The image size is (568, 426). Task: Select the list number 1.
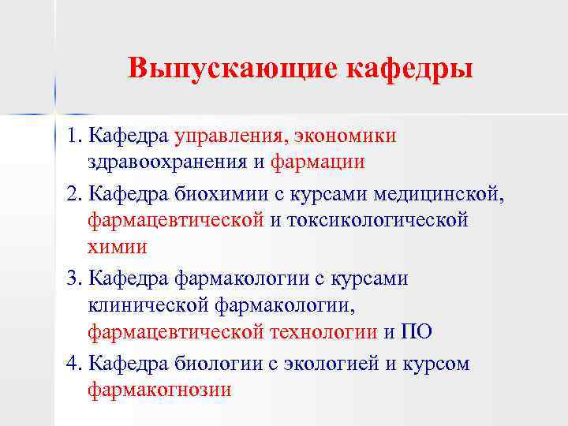click(x=73, y=136)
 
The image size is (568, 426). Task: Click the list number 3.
click(x=73, y=278)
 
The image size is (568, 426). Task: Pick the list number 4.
click(x=73, y=364)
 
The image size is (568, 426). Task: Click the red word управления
click(x=230, y=136)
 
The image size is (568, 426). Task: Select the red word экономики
click(x=346, y=136)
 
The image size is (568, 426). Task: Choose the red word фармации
click(x=317, y=163)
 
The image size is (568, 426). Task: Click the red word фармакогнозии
click(x=159, y=390)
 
